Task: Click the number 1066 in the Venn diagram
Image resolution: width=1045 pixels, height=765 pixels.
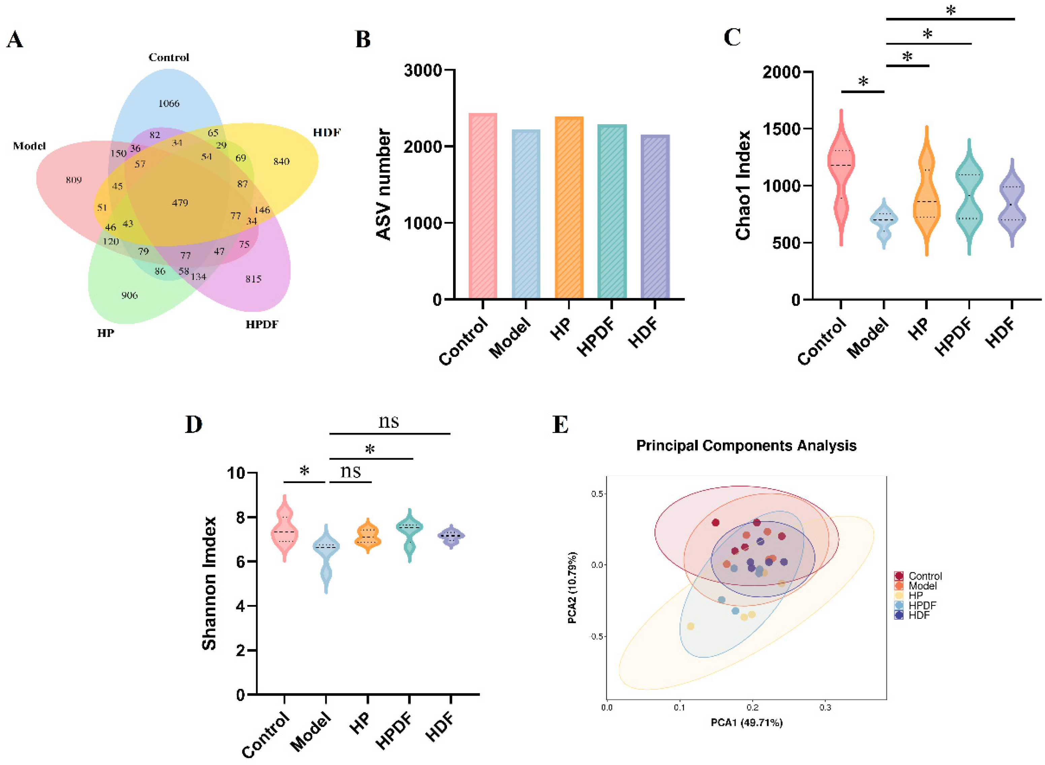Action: pyautogui.click(x=168, y=103)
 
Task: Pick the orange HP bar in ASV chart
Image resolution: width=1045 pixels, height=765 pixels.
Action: pyautogui.click(x=569, y=209)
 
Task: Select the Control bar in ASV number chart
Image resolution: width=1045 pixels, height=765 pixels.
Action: pyautogui.click(x=482, y=206)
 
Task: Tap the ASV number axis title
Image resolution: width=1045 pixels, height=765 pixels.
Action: pyautogui.click(x=384, y=184)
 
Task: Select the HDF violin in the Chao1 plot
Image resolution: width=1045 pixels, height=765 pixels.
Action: pyautogui.click(x=1012, y=204)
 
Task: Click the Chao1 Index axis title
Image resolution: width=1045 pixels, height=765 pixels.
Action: pyautogui.click(x=743, y=185)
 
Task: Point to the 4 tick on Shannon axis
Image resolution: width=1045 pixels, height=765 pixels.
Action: pyautogui.click(x=240, y=606)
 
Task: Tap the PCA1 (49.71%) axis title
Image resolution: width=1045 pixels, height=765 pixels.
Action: pyautogui.click(x=747, y=723)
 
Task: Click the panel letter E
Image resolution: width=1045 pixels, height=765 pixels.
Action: pyautogui.click(x=560, y=424)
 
